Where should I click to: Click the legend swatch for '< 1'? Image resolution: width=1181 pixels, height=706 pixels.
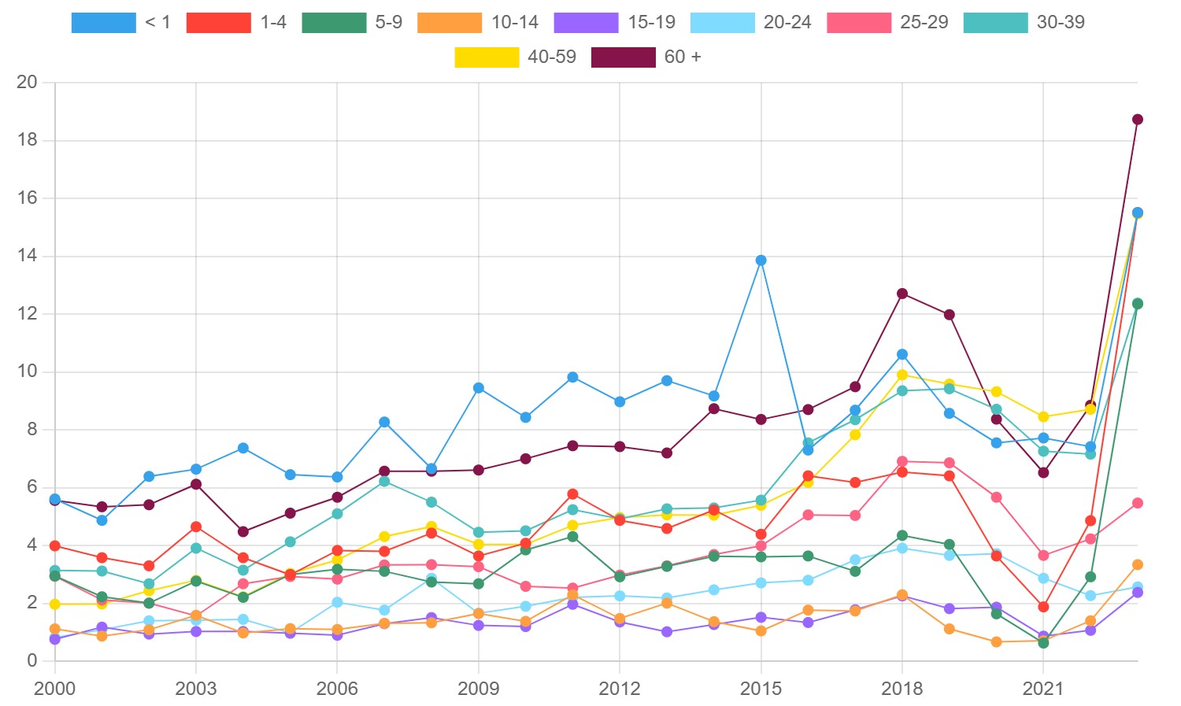[103, 23]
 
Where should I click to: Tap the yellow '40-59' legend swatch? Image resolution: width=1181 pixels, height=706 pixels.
[487, 57]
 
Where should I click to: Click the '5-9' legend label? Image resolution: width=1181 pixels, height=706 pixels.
[388, 23]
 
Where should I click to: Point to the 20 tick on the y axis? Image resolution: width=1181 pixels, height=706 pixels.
[27, 83]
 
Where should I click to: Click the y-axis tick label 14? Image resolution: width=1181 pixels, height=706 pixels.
[27, 256]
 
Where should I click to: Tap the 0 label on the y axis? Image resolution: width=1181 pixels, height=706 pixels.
[31, 660]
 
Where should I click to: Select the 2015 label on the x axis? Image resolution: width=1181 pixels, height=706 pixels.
[761, 689]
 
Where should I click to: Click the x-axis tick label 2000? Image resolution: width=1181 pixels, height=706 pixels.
[54, 689]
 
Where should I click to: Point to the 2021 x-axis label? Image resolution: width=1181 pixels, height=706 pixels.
[1042, 689]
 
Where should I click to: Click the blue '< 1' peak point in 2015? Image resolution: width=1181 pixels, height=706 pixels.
[761, 261]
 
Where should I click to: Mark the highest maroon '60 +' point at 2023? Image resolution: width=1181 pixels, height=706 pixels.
[1137, 120]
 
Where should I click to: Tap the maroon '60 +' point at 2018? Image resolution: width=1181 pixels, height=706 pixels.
[902, 294]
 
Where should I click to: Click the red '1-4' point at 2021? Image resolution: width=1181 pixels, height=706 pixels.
[1043, 607]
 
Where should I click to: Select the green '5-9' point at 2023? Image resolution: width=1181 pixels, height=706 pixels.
[1137, 304]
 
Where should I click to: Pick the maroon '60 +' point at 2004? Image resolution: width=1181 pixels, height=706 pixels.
[243, 532]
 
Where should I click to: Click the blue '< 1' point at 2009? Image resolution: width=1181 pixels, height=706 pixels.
[479, 388]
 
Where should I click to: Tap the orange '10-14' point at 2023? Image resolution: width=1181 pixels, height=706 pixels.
[1137, 565]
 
